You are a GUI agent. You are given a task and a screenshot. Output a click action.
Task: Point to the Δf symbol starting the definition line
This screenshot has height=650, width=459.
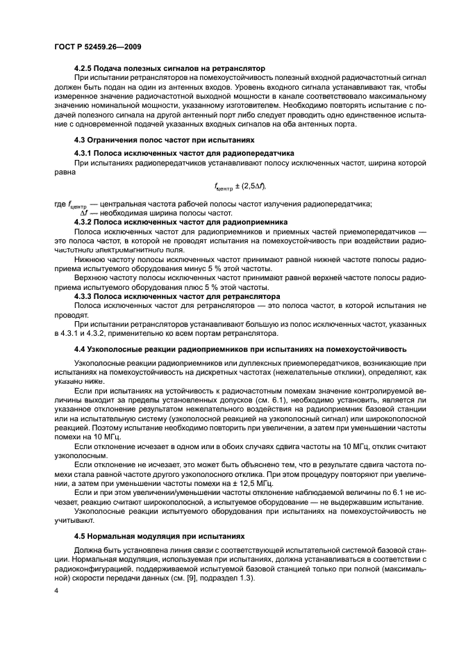coord(72,213)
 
